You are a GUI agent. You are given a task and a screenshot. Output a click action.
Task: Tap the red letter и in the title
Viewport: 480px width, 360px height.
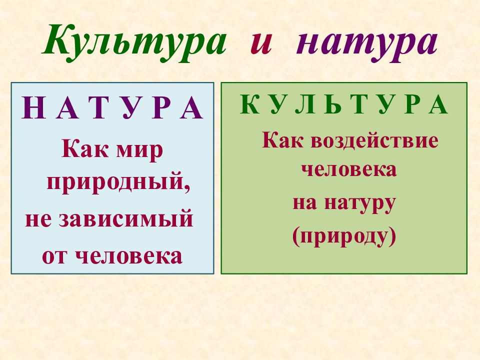(261, 43)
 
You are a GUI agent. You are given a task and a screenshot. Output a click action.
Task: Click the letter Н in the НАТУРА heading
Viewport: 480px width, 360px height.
(33, 107)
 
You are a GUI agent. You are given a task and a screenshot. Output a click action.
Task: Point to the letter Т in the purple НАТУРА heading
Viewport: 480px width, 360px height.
(99, 107)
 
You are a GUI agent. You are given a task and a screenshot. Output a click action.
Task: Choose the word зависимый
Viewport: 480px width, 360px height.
(126, 219)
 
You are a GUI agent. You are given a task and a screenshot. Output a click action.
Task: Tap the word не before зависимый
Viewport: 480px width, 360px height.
(38, 220)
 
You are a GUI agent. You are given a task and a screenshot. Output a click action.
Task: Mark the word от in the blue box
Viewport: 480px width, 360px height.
(54, 256)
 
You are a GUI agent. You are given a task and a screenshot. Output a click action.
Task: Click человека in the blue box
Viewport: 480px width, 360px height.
(128, 255)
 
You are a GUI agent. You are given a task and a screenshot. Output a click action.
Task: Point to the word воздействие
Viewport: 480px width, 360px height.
(374, 140)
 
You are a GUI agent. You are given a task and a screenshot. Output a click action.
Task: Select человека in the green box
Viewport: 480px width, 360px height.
(348, 169)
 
